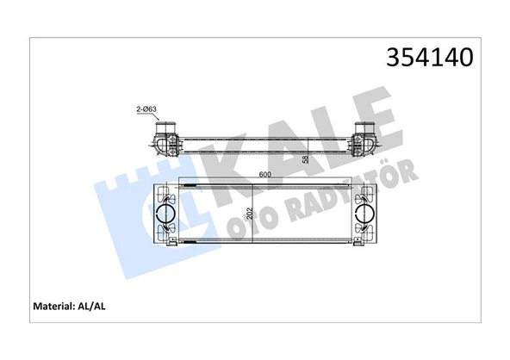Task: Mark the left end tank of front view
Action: point(165,215)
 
